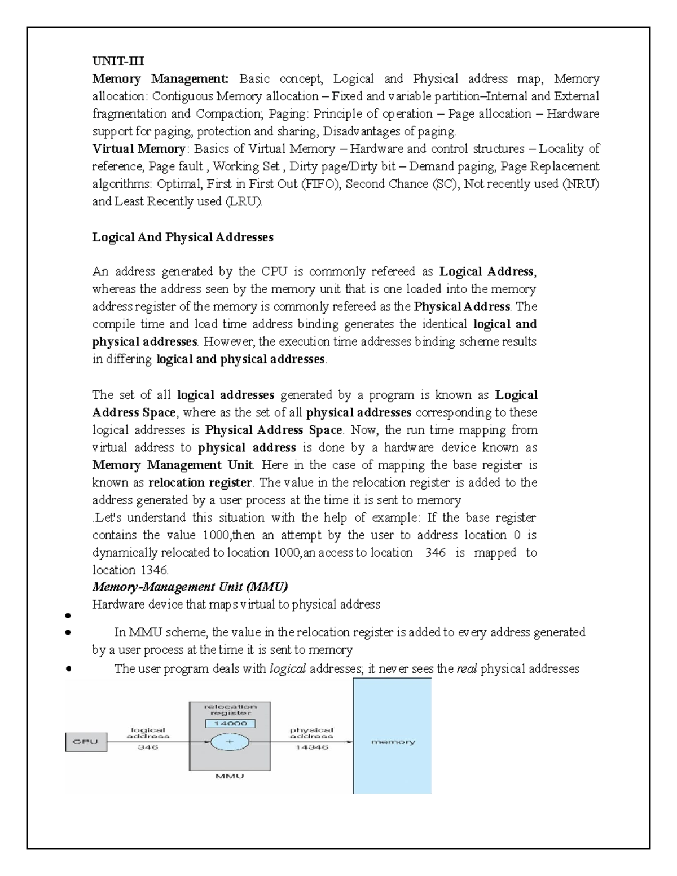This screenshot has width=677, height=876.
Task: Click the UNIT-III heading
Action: pos(118,61)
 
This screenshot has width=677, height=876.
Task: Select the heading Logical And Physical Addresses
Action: pos(183,237)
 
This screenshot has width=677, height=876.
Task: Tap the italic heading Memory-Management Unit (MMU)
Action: pos(190,587)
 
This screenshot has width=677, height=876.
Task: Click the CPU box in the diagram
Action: pos(86,742)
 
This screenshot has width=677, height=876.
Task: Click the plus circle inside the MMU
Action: pos(230,742)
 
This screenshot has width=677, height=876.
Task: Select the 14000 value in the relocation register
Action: pos(231,723)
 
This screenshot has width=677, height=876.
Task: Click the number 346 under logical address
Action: pos(148,747)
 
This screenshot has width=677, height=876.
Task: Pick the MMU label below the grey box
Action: pos(230,776)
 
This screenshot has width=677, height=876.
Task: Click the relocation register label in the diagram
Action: pos(230,710)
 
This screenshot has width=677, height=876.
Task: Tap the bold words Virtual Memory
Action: pos(139,149)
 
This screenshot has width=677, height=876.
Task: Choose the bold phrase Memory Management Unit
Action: pos(173,465)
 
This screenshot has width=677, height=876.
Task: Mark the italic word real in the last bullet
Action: pos(467,669)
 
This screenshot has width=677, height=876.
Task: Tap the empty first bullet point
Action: pos(67,616)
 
